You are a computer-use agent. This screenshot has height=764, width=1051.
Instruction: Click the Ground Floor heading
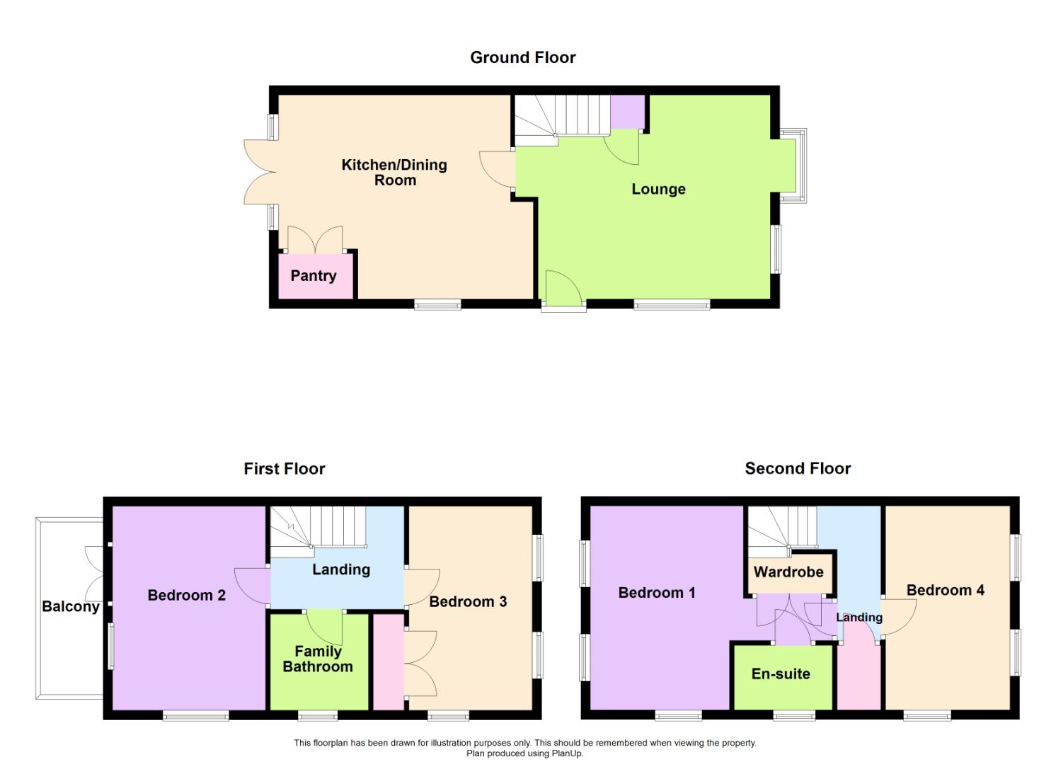pos(522,57)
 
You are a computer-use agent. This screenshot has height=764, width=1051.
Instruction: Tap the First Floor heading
pos(284,468)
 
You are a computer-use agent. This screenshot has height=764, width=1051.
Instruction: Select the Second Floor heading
pos(798,468)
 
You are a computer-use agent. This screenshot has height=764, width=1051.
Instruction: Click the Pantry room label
pos(313,276)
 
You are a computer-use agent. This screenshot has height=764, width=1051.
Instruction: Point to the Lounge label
pos(658,189)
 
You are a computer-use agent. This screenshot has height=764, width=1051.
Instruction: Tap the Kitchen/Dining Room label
pos(394,173)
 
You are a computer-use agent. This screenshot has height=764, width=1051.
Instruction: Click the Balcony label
pos(70,606)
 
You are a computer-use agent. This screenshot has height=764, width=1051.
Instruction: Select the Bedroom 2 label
pos(186,595)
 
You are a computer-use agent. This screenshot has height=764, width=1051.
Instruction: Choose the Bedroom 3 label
pos(468,601)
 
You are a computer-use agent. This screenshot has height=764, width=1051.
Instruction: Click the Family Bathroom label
pos(318,659)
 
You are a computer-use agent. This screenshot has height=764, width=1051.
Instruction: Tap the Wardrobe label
pos(788,572)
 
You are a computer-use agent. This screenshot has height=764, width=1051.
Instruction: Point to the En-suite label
pos(781,673)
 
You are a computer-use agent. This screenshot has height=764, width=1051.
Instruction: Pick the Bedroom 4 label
pos(945,590)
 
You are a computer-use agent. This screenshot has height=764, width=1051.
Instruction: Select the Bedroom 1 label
pos(656,593)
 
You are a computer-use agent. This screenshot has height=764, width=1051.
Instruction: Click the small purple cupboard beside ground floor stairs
pos(627,112)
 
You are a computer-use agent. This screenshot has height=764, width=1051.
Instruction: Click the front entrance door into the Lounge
pos(563,294)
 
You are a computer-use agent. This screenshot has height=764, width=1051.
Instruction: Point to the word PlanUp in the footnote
pos(567,753)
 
